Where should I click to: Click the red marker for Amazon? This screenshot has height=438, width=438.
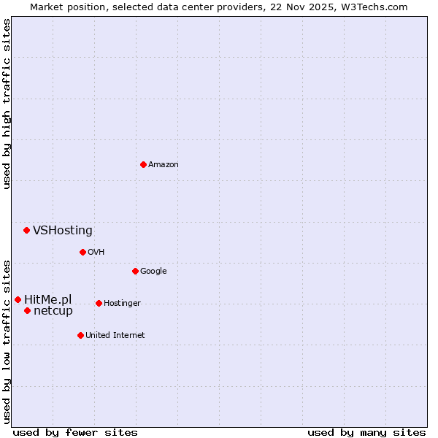point(143,164)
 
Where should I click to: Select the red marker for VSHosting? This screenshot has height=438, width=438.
point(26,230)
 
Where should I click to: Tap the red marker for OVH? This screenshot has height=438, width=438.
point(82,252)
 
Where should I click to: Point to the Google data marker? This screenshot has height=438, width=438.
point(135,271)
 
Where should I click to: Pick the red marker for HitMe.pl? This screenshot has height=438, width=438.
point(18,299)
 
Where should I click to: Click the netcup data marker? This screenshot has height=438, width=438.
point(27,310)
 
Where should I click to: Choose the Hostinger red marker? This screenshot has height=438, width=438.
point(99,303)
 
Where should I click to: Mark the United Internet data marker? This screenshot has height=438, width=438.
point(80,335)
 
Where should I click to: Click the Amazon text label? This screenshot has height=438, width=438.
point(164,164)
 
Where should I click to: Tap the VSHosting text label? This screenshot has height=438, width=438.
point(63,231)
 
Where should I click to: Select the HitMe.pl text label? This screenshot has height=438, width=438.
point(48,299)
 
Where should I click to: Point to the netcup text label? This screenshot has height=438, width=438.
point(53,311)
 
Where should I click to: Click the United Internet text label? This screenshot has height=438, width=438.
point(115,335)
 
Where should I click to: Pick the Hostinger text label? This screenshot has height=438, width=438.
point(122,303)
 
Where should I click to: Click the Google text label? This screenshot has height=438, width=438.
point(153,271)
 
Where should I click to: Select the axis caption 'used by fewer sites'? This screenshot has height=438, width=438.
point(75,432)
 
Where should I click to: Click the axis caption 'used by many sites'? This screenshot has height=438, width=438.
point(366,432)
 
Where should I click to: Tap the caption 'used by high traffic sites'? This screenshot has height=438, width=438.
point(7,104)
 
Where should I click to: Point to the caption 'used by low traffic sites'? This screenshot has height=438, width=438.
point(7,342)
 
